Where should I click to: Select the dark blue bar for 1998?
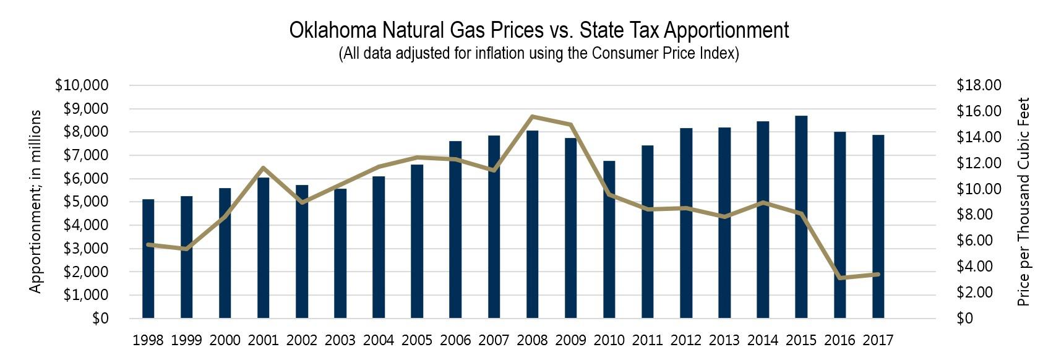(x=148, y=260)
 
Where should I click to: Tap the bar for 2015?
(x=801, y=216)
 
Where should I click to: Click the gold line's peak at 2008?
(x=533, y=116)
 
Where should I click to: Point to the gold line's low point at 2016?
(x=840, y=278)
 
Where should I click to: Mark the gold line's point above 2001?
(x=264, y=168)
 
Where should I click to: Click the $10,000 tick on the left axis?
(x=82, y=85)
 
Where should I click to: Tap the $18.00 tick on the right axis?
(x=979, y=85)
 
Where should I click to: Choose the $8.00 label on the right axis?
(x=979, y=215)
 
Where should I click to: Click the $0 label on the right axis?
(x=965, y=319)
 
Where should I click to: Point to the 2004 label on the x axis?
(x=379, y=340)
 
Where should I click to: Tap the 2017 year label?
(x=878, y=340)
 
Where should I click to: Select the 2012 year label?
(x=686, y=340)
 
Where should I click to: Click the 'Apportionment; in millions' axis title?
(x=36, y=202)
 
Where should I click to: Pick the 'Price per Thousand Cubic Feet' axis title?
(x=1024, y=202)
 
